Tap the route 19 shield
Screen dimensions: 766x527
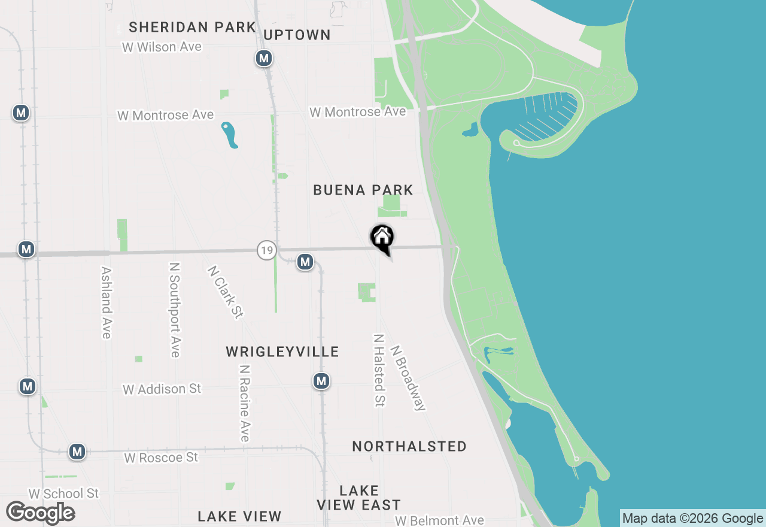[266, 250]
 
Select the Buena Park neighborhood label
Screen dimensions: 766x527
[363, 190]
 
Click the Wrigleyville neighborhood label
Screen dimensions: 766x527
[282, 352]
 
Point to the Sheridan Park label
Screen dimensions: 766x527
[192, 27]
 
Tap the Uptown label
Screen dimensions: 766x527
[297, 35]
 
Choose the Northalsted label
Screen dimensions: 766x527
[409, 446]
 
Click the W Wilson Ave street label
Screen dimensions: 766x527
[162, 47]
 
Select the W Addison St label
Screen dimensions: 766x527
[162, 389]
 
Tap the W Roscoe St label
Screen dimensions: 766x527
[161, 458]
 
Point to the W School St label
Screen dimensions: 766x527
[63, 493]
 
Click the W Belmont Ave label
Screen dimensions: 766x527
[439, 520]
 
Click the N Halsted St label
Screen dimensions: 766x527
[378, 370]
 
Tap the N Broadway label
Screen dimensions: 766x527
[408, 377]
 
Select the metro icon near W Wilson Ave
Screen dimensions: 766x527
[263, 58]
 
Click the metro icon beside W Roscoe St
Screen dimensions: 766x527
[77, 451]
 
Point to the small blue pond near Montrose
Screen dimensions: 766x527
[229, 135]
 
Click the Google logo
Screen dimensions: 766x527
[40, 513]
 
